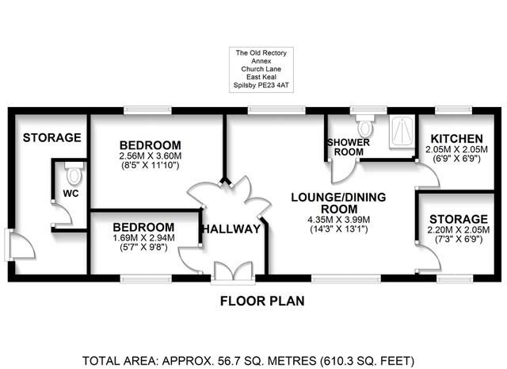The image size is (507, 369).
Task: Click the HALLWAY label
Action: click(231, 229)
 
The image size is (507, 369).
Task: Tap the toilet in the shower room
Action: click(365, 127)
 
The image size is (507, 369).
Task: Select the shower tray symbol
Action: click(402, 130)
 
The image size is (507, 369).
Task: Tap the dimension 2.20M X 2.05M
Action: click(459, 230)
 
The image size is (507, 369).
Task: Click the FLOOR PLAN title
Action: click(261, 302)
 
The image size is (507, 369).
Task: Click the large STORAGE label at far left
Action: click(51, 138)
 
